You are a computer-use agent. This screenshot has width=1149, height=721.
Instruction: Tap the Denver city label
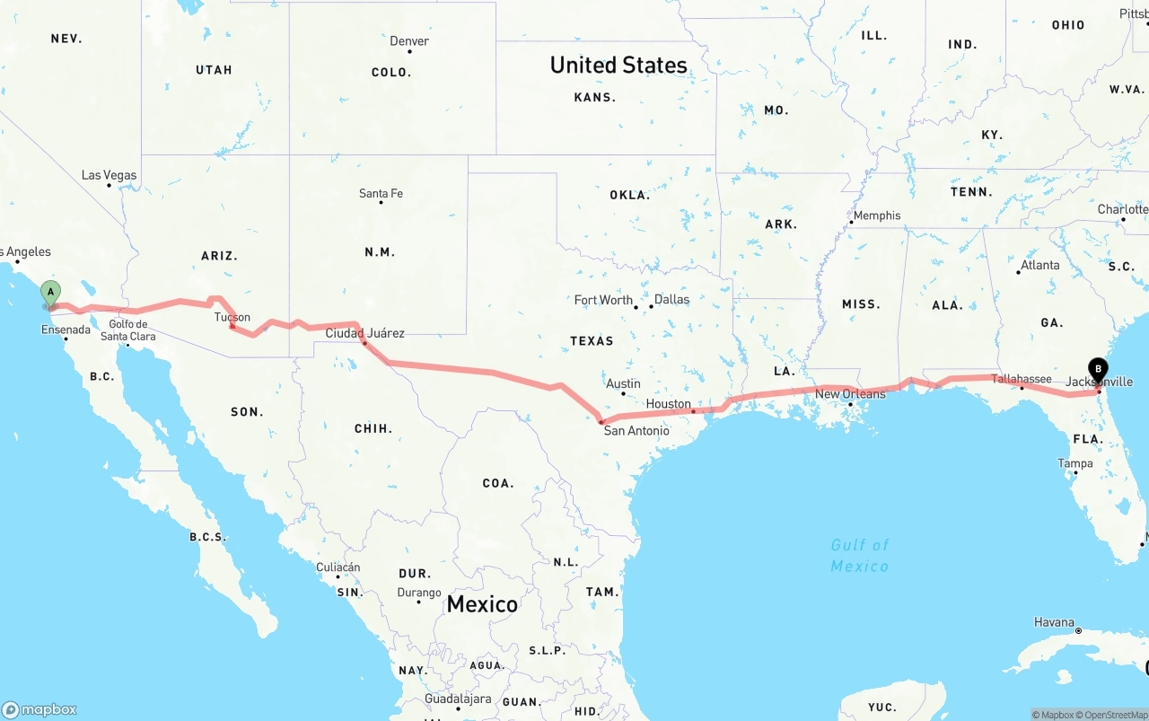408,41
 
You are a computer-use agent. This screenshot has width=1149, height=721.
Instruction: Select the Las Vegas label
109,175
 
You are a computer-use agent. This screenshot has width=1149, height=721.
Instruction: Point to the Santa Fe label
381,193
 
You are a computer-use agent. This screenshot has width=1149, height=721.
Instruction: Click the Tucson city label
232,317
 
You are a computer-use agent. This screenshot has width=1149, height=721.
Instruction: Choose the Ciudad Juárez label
364,333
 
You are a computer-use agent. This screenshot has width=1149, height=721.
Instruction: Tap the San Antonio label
636,431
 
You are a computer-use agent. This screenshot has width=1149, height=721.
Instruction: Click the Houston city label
669,404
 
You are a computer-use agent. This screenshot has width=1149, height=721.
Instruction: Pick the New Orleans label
850,394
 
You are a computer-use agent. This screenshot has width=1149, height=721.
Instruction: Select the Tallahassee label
1022,379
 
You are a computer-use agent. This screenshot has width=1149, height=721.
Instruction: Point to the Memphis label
876,215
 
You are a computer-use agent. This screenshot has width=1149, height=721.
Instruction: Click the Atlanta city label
1039,265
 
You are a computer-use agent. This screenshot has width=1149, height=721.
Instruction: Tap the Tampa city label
1075,463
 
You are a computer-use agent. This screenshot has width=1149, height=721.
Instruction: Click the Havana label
1053,622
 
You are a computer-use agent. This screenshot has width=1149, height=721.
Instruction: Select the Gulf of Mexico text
860,556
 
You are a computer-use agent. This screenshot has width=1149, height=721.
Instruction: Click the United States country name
618,65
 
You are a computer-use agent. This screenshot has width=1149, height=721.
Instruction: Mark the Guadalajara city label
458,699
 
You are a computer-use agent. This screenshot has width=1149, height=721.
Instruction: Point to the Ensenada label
66,330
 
